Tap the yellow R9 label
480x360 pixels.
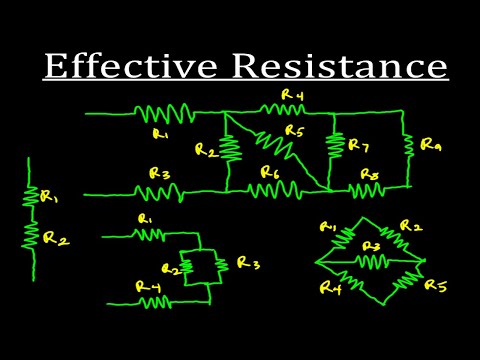[x=431, y=145]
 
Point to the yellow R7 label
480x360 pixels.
[x=357, y=146]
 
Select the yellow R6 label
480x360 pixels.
[x=269, y=172]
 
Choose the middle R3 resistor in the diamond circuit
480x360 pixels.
[x=371, y=261]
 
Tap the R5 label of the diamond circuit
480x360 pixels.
[x=434, y=286]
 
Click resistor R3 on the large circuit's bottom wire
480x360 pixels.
[x=160, y=190]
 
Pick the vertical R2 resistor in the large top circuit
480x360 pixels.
[x=231, y=148]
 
